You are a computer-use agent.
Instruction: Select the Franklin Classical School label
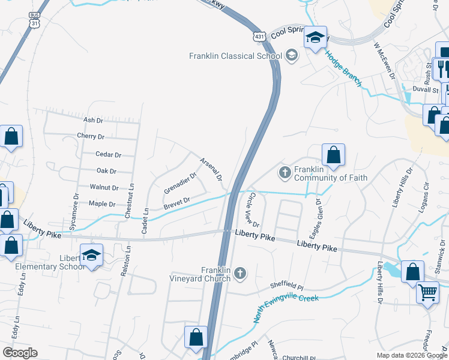pyautogui.click(x=235, y=56)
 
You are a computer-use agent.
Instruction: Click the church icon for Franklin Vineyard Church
pyautogui.click(x=240, y=274)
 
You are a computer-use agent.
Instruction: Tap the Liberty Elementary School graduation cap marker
pyautogui.click(x=91, y=256)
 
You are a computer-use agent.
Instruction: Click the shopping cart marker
pyautogui.click(x=427, y=293)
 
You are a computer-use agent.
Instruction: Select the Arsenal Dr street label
pyautogui.click(x=211, y=169)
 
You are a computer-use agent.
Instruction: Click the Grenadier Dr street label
pyautogui.click(x=180, y=184)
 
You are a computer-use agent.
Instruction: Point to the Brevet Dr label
pyautogui.click(x=176, y=204)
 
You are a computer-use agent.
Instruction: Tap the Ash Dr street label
pyautogui.click(x=93, y=120)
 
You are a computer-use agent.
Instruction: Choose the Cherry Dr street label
pyautogui.click(x=91, y=137)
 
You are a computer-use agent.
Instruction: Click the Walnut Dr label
pyautogui.click(x=104, y=188)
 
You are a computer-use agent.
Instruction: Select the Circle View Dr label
pyautogui.click(x=253, y=210)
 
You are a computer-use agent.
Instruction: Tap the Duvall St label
pyautogui.click(x=426, y=89)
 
